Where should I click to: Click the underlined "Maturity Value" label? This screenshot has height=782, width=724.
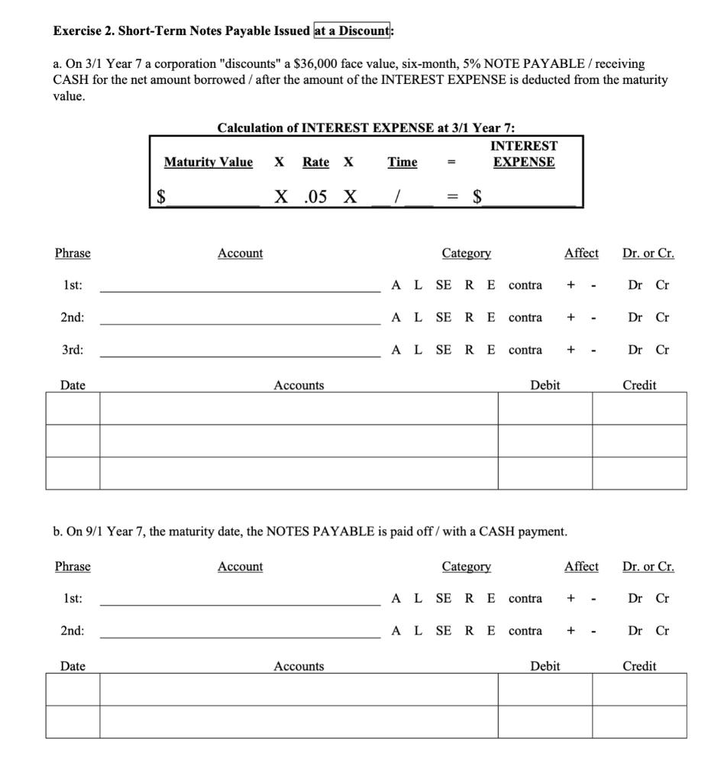point(208,162)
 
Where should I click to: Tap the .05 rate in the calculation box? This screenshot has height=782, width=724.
point(315,196)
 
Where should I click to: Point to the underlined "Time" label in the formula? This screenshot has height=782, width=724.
point(402,162)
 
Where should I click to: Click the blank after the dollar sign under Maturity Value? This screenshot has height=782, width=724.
point(214,196)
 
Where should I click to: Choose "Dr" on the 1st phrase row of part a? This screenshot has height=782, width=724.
point(635,285)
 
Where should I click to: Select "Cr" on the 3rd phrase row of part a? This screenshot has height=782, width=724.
point(662,350)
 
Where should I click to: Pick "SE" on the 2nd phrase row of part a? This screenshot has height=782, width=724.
point(443,317)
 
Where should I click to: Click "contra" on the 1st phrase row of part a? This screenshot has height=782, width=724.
point(525,285)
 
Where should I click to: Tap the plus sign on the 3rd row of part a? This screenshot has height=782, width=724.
point(570,350)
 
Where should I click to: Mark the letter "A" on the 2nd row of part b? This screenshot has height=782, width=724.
point(396,631)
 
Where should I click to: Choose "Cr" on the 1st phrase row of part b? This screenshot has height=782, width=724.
point(662,598)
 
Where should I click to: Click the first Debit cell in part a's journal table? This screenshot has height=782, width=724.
point(545,409)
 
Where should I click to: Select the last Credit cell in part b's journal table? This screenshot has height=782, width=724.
point(639,722)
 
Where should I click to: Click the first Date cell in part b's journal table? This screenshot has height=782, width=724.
point(73,690)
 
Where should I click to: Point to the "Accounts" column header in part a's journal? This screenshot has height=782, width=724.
point(299,386)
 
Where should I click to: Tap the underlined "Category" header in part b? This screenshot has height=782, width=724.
point(466,566)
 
